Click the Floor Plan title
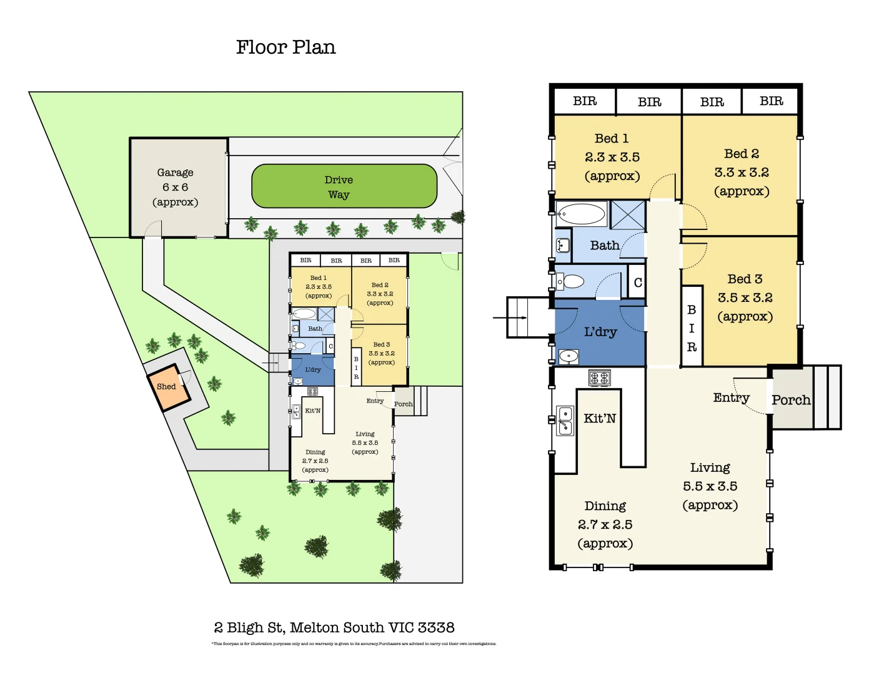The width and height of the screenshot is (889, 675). [286, 47]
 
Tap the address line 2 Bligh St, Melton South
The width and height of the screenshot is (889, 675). [334, 627]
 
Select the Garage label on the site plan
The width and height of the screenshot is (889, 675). [175, 172]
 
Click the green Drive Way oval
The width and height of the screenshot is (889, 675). [344, 186]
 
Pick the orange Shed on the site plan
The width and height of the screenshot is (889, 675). [166, 386]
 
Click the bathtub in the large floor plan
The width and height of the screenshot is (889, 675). [581, 214]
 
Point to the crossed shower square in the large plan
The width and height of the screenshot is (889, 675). [627, 215]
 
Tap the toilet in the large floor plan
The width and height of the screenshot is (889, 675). [571, 281]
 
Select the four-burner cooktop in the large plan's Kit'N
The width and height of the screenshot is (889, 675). [600, 377]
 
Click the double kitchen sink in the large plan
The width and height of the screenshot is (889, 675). [565, 421]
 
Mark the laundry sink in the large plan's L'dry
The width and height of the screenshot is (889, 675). [569, 356]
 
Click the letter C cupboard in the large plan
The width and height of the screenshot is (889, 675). [638, 282]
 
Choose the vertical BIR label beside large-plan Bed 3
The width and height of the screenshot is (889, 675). [692, 328]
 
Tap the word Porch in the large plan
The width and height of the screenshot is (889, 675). [791, 400]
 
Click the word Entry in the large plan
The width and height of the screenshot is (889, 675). [731, 397]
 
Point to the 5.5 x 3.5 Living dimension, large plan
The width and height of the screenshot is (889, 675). [710, 486]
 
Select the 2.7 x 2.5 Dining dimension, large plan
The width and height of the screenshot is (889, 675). [605, 525]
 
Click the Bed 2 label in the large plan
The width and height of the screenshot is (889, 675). [742, 154]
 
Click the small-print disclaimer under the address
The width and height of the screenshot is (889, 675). [354, 644]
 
